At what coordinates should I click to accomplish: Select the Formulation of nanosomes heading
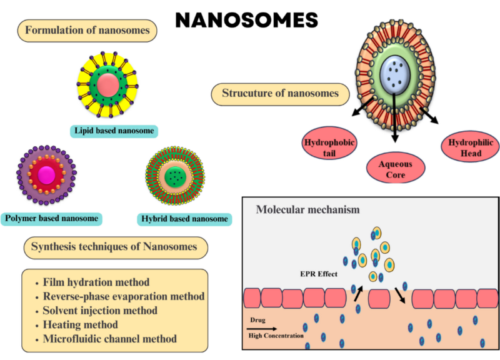click(87, 29)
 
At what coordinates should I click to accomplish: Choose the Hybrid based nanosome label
click(184, 219)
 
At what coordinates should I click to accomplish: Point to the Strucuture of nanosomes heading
click(280, 94)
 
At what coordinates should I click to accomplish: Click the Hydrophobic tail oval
click(329, 147)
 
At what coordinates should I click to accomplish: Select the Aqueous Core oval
click(396, 167)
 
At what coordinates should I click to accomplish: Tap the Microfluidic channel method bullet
click(109, 339)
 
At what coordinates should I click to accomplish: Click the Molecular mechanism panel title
click(307, 209)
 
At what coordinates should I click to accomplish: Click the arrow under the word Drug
click(262, 327)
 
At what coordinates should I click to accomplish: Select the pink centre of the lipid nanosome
click(107, 84)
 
